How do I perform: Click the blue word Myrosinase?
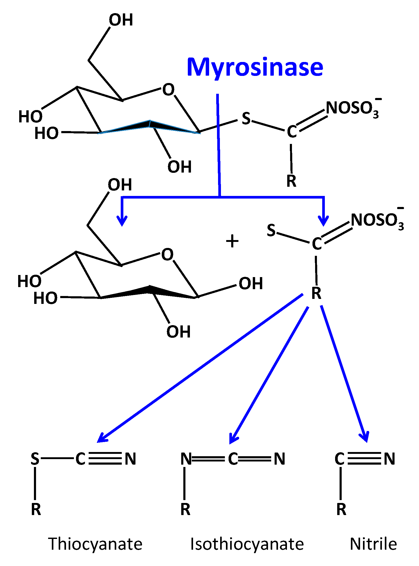click(x=255, y=67)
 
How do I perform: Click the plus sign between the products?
click(x=232, y=241)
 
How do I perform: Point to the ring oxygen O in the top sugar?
click(x=168, y=90)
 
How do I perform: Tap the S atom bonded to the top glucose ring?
click(x=246, y=118)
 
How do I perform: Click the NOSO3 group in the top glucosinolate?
click(x=352, y=108)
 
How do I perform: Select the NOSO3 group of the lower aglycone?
click(x=377, y=220)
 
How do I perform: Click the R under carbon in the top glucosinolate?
click(x=291, y=181)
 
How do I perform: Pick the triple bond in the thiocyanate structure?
click(x=105, y=459)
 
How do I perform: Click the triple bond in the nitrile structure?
click(x=364, y=459)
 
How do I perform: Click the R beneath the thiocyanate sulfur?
click(x=36, y=510)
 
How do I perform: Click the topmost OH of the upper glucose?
click(x=121, y=20)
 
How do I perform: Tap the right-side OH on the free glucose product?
click(x=251, y=284)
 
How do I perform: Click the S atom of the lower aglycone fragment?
click(x=271, y=230)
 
